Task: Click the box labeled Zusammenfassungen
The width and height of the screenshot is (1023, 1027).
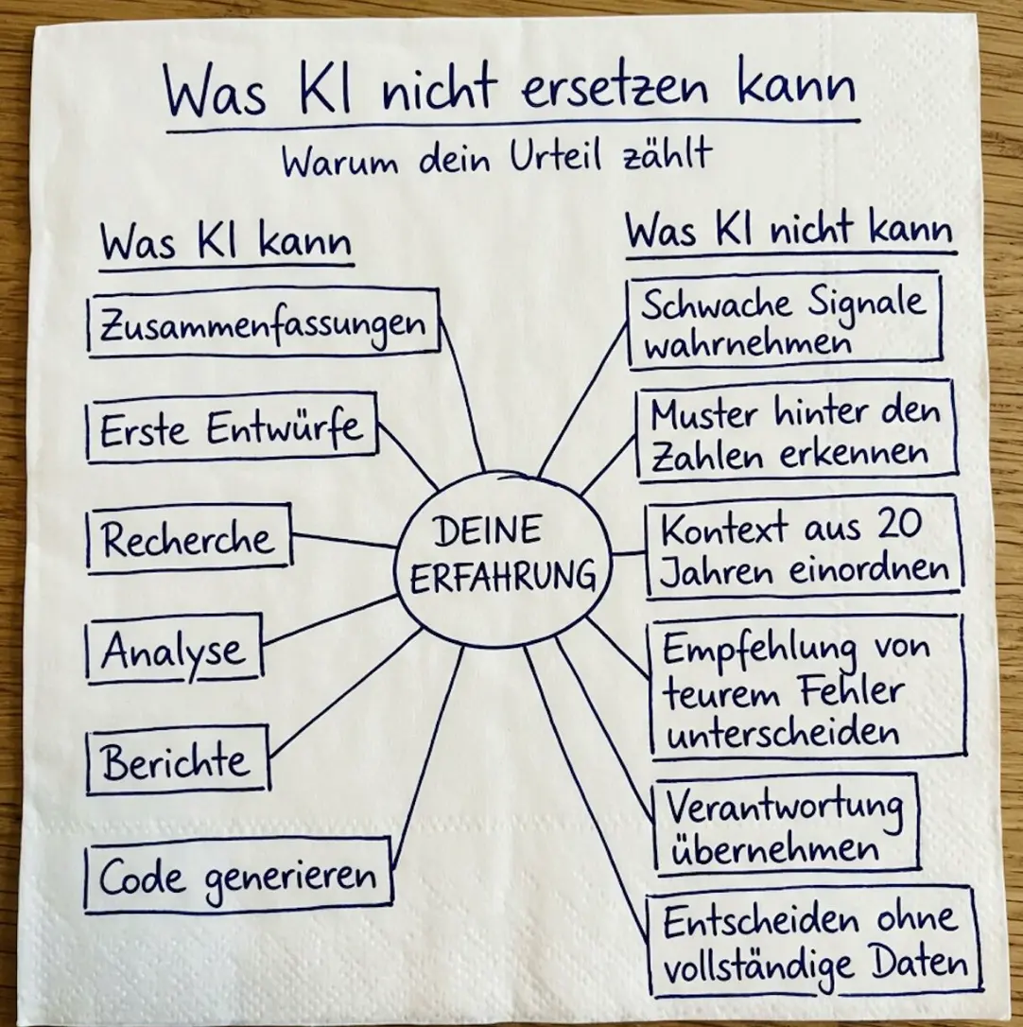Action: pyautogui.click(x=263, y=322)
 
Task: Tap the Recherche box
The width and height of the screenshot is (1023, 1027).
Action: pyautogui.click(x=189, y=538)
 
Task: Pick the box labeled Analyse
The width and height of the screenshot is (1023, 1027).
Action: pyautogui.click(x=174, y=649)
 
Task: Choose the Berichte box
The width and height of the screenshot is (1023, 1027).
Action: pyautogui.click(x=178, y=759)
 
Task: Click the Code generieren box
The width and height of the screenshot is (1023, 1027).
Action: pyautogui.click(x=239, y=877)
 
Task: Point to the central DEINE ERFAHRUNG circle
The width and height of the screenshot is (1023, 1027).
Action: pyautogui.click(x=503, y=561)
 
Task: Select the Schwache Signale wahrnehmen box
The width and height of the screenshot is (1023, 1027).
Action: pyautogui.click(x=785, y=321)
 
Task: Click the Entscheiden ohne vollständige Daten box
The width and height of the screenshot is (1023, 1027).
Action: pyautogui.click(x=814, y=941)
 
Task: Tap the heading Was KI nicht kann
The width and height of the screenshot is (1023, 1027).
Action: pyautogui.click(x=789, y=231)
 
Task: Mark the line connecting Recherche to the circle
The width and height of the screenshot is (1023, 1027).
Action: pyautogui.click(x=344, y=540)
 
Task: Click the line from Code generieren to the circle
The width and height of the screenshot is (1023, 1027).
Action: pyautogui.click(x=427, y=758)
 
